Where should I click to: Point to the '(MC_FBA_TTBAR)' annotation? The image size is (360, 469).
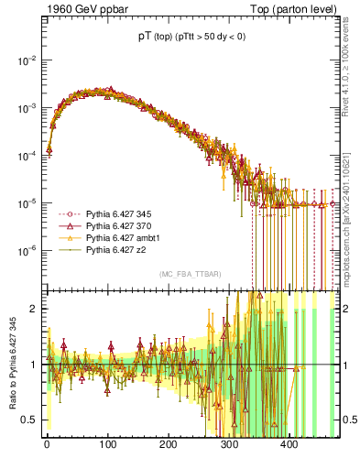pos(190,274)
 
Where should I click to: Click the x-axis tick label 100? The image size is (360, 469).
pos(107,444)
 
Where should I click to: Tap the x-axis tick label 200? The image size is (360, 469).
pos(168,444)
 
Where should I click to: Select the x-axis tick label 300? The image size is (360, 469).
pos(229,444)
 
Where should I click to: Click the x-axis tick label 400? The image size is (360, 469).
pos(289,444)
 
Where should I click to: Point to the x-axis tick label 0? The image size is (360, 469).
pos(47,444)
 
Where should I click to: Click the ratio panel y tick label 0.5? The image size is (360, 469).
pos(29,420)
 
